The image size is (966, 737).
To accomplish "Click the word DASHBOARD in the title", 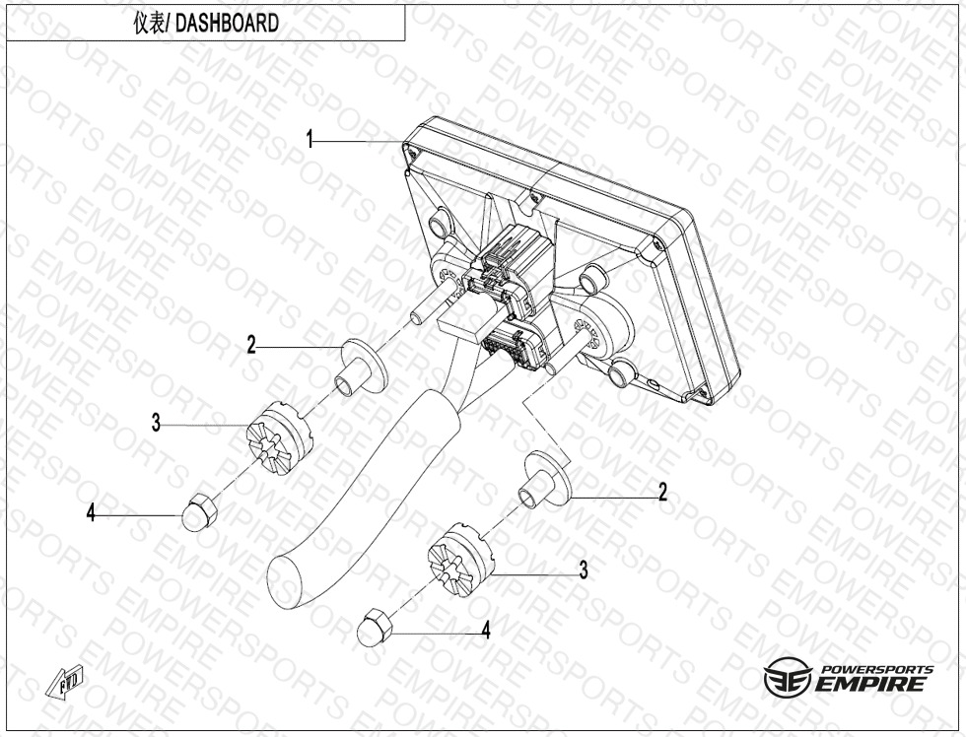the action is [228, 24].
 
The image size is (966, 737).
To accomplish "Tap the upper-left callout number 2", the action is [251, 345].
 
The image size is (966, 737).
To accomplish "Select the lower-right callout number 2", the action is [662, 492].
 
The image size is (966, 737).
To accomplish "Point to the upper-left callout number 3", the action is [157, 423].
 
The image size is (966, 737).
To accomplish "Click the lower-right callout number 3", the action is [583, 570].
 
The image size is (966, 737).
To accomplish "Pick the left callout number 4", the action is [91, 512].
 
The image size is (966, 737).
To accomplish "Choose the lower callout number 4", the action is [486, 630].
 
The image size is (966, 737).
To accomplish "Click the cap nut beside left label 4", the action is [198, 511].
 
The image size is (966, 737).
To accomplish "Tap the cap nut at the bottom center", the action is [375, 627].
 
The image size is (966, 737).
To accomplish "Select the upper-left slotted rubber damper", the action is [278, 437].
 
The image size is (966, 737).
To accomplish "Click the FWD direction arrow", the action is [65, 682].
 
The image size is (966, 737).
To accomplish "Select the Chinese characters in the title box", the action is [150, 24].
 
